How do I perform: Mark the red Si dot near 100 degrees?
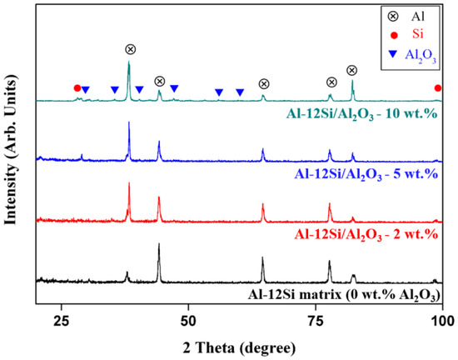pyautogui.click(x=438, y=87)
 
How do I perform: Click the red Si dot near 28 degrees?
pyautogui.click(x=77, y=87)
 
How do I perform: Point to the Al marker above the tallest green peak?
pyautogui.click(x=129, y=49)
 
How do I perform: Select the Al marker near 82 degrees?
pyautogui.click(x=351, y=71)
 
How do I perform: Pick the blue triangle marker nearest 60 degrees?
pyautogui.click(x=240, y=92)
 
